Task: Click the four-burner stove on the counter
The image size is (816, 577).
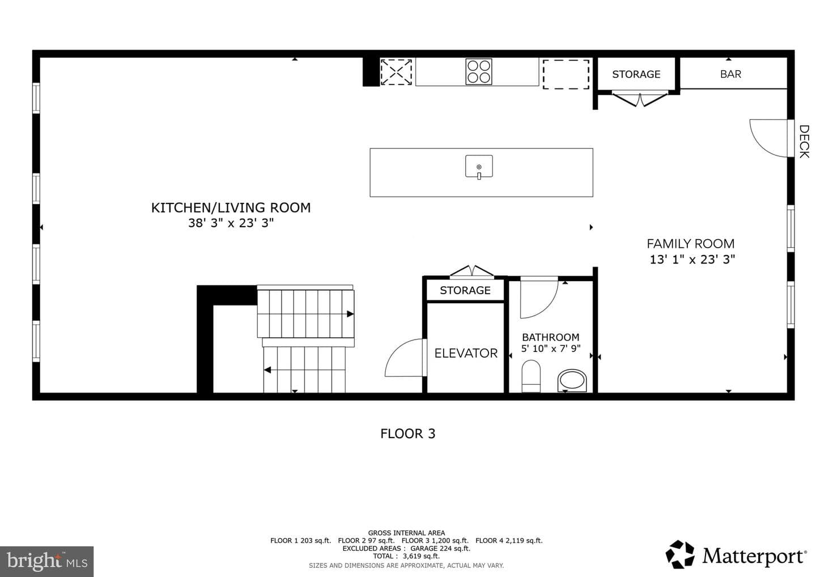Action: (479, 72)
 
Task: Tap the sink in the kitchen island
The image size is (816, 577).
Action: (479, 167)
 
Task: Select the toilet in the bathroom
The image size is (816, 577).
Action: (531, 376)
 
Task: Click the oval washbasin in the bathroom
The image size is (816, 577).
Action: (572, 381)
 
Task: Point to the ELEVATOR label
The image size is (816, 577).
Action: (466, 353)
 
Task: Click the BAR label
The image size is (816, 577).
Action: (731, 74)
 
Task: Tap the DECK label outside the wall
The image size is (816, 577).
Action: (804, 141)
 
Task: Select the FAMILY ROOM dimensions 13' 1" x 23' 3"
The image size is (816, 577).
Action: (692, 260)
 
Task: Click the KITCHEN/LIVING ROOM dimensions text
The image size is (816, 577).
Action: (231, 223)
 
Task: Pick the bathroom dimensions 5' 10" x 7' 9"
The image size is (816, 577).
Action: (550, 349)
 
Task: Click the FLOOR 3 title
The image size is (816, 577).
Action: (407, 434)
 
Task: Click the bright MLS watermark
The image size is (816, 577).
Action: (46, 561)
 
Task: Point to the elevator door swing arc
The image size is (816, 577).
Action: (396, 350)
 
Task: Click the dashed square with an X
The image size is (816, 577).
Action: (396, 72)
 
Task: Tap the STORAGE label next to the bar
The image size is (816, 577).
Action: (636, 74)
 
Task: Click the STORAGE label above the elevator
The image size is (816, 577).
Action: (465, 290)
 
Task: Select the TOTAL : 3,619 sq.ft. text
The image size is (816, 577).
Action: (406, 556)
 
